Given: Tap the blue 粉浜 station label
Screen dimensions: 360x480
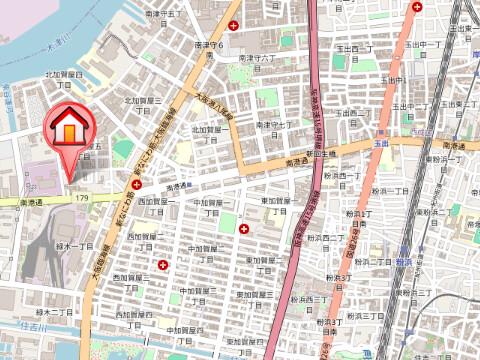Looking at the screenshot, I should pyautogui.click(x=404, y=258).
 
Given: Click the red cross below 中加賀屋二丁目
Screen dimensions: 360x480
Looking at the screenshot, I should pyautogui.click(x=163, y=265).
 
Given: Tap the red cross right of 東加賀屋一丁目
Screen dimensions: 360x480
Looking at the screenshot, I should pyautogui.click(x=246, y=229).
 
